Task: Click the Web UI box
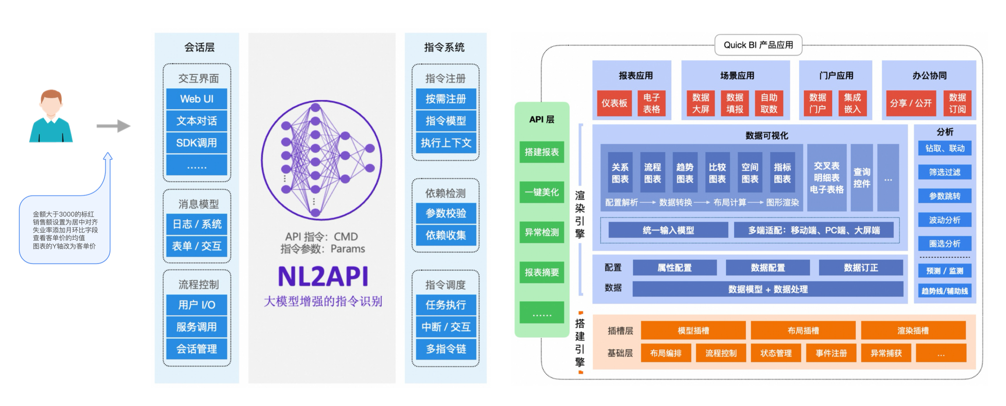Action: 197,99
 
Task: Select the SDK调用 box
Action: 197,143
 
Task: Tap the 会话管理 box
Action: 197,349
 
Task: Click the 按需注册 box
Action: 446,99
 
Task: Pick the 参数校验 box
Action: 446,213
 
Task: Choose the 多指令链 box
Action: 446,349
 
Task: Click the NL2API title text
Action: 323,276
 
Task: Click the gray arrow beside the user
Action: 113,126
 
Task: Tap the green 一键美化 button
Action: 542,192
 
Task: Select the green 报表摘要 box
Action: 542,272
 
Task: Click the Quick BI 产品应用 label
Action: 758,45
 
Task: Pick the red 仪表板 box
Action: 614,103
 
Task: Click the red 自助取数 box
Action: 769,103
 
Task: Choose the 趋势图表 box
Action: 685,173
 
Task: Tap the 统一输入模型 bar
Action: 668,230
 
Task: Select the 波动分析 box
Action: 945,220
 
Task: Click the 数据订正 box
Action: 861,267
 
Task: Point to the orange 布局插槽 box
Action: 803,330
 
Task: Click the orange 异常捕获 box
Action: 886,353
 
